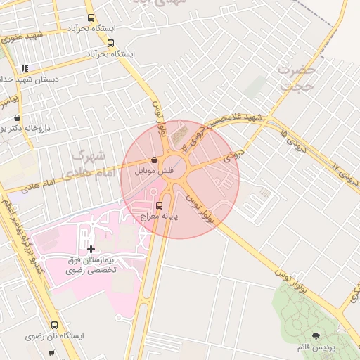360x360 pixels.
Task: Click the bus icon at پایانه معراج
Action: click(x=159, y=206)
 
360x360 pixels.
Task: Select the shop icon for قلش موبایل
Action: click(x=154, y=160)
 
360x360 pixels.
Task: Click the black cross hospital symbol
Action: click(x=91, y=249)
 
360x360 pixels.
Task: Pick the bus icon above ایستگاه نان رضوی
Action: click(x=55, y=325)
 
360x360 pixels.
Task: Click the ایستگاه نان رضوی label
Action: click(x=55, y=337)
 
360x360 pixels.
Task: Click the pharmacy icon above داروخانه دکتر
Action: click(x=17, y=117)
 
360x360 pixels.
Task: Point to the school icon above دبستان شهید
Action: click(x=25, y=69)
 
